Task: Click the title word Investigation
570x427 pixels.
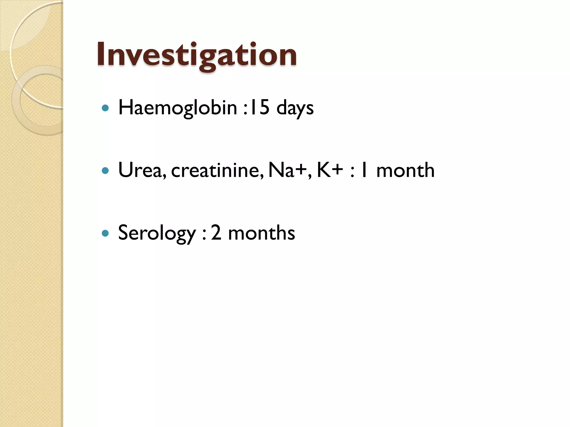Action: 196,55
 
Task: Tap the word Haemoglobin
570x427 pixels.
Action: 178,108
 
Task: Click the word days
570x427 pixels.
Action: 295,108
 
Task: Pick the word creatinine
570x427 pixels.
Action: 217,170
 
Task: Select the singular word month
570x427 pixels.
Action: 405,170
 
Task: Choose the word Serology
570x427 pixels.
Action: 157,233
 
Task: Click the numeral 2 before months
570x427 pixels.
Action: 216,233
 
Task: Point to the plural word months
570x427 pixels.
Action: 261,233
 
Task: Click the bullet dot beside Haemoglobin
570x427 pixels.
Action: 105,108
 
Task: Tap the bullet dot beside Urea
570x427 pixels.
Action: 105,170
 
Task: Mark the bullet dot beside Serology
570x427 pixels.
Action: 105,233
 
